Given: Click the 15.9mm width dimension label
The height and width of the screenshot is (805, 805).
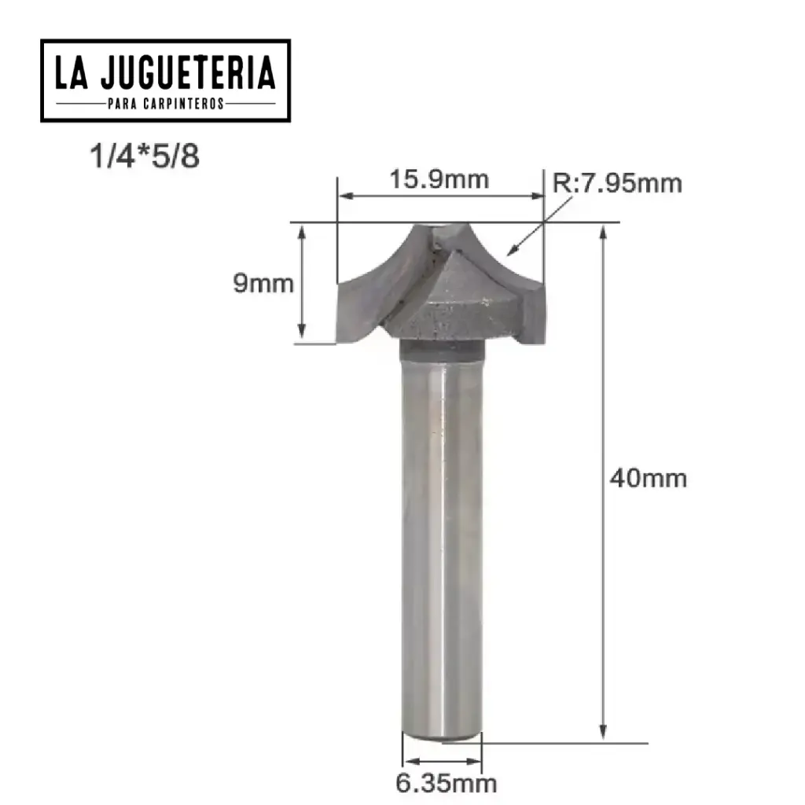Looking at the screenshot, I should tap(439, 179).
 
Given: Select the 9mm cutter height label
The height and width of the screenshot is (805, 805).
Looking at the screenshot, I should tap(263, 283).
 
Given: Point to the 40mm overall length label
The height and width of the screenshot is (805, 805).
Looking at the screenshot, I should tap(649, 477).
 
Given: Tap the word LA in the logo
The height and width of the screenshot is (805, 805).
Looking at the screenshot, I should tap(73, 74).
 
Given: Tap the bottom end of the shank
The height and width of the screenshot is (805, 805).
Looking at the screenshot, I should tap(441, 735).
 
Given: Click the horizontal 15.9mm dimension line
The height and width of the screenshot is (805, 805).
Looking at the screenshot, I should tap(439, 196).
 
